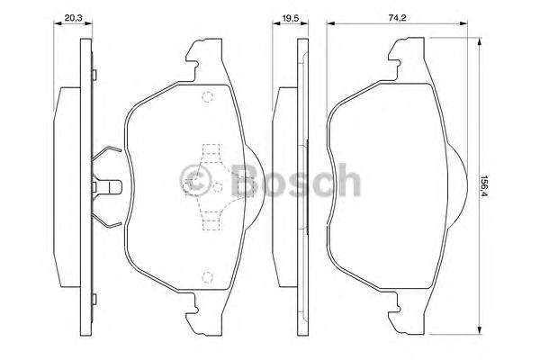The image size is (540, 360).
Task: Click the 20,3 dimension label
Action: click(x=73, y=18)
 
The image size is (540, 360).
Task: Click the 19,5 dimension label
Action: click(x=291, y=18)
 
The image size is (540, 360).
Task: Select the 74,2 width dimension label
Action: click(x=398, y=18)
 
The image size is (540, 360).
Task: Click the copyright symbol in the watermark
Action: click(x=196, y=180)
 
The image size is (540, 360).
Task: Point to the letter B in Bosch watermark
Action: click(x=245, y=180)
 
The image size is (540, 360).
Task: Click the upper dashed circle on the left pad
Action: click(x=207, y=97)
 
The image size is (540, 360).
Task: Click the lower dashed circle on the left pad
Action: click(x=207, y=276)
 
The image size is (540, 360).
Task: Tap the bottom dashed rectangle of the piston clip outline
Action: click(x=211, y=224)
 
